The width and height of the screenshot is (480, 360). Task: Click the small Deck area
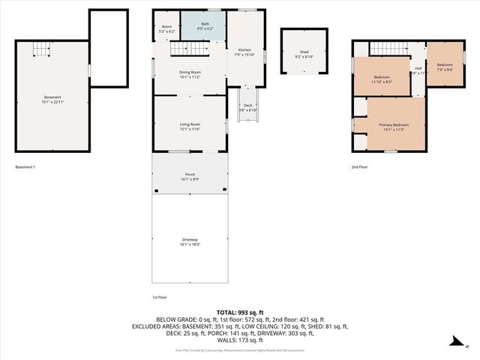pos(247,108)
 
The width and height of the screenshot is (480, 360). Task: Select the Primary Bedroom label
pos(394,126)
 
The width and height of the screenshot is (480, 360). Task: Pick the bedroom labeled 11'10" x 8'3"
pos(382,79)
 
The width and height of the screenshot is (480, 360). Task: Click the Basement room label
pos(52,100)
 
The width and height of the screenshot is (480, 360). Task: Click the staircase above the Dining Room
pos(185,49)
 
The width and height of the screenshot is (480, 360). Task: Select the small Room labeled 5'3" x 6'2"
pos(166,29)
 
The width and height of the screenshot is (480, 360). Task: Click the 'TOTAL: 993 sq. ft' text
pos(240,312)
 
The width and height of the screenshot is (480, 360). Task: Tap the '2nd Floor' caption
pos(360,167)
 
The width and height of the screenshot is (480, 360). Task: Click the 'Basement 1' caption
pos(24,167)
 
